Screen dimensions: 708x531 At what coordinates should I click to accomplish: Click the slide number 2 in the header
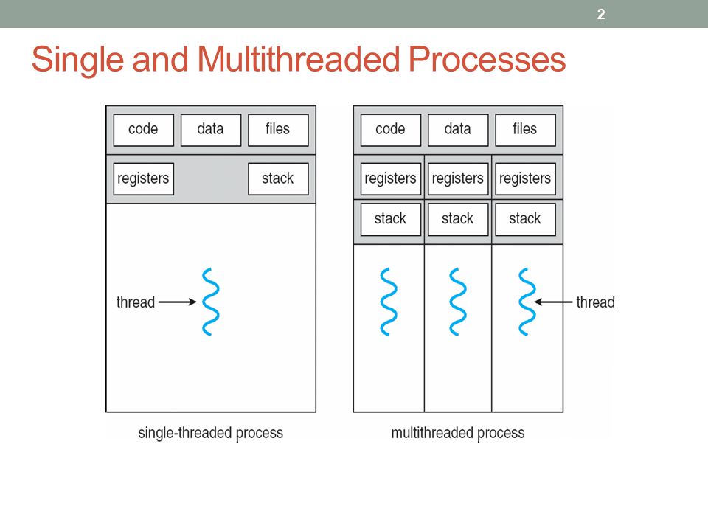coord(601,15)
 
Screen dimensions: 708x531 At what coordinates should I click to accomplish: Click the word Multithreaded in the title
coord(299,59)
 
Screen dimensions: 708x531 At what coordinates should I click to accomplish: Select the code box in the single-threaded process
coord(144,130)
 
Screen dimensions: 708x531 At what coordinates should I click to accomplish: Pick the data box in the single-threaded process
coord(211,130)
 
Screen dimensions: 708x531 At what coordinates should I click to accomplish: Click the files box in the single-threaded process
coord(278,130)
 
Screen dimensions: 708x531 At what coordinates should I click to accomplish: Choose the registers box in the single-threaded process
coord(144,178)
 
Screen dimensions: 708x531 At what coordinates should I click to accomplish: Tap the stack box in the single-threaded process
coord(278,178)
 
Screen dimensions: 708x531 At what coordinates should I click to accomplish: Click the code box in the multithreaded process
coord(391,130)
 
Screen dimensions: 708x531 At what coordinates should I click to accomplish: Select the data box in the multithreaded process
coord(458,130)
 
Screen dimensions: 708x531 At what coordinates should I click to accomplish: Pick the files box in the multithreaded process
coord(525,130)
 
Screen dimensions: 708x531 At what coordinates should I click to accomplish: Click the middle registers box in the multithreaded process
coord(458,178)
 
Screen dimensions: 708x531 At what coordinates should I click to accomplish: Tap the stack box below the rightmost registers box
coord(525,219)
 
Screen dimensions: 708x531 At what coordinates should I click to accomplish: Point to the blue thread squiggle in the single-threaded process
coord(211,302)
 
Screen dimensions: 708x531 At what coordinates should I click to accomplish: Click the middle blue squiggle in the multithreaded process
coord(458,302)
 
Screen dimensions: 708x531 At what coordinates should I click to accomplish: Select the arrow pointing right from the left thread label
coord(178,302)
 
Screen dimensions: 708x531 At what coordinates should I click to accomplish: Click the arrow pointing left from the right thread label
coord(553,302)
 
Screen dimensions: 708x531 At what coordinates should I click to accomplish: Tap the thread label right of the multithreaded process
coord(596,302)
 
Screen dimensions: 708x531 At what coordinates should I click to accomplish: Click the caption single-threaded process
coord(210,433)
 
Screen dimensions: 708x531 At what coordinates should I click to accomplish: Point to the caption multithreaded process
coord(458,433)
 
